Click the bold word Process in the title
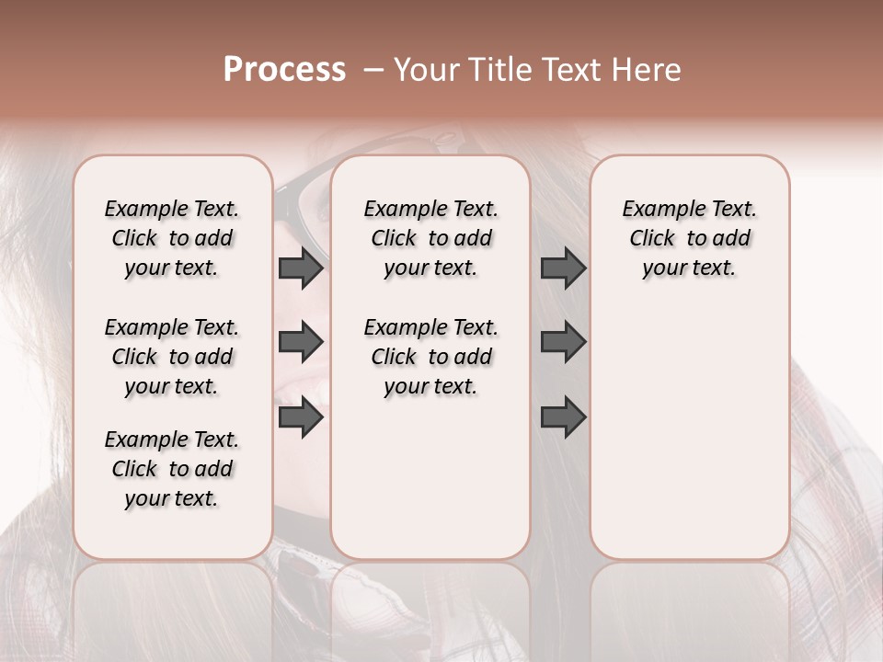(284, 70)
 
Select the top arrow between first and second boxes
(301, 268)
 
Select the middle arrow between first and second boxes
(301, 342)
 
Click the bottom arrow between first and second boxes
(301, 418)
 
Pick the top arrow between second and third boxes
(563, 268)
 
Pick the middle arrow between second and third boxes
(563, 342)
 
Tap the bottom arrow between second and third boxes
(563, 418)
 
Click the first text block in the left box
(172, 238)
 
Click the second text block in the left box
(172, 357)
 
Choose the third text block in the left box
(172, 469)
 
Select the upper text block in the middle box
(430, 238)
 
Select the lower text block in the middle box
(430, 357)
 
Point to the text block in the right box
(689, 238)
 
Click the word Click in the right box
(652, 239)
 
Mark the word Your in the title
(424, 70)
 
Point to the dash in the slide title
(373, 70)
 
